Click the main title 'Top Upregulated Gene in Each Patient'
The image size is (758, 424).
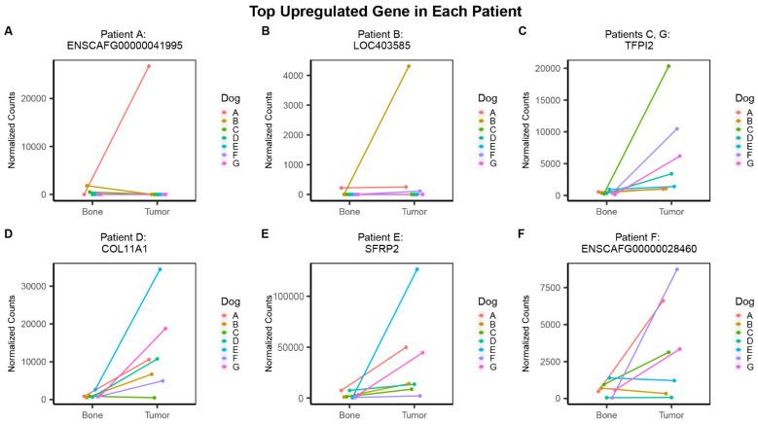click(379, 12)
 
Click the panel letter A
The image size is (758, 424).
click(9, 30)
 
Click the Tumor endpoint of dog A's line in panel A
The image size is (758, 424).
click(148, 66)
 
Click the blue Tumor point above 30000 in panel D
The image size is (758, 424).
click(160, 269)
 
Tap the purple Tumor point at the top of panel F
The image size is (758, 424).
click(677, 269)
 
